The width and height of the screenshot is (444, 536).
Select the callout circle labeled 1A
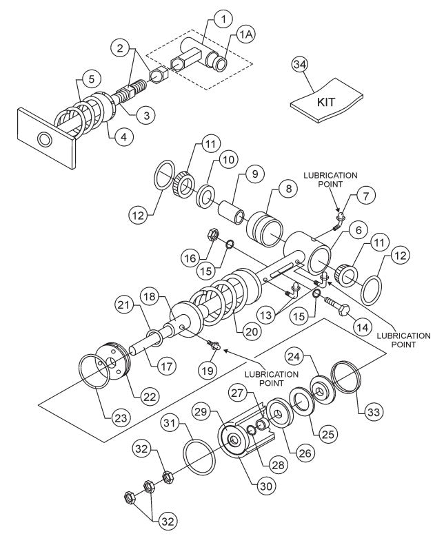245,36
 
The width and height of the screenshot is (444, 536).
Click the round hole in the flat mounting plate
46,140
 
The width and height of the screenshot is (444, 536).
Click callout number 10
227,160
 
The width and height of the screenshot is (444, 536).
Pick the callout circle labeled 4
123,138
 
